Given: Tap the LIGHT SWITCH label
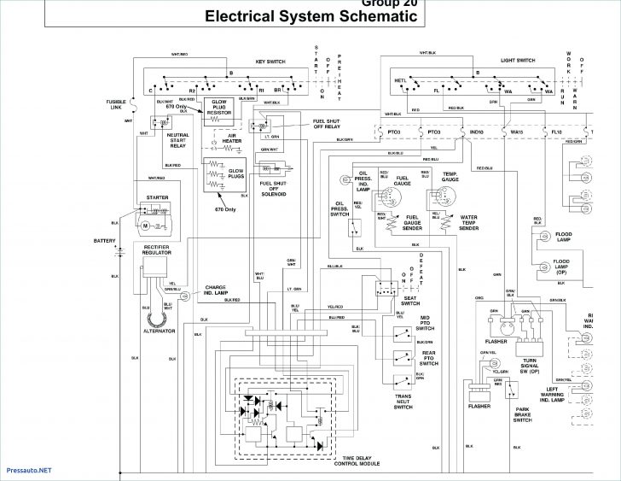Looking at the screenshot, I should pos(518,62).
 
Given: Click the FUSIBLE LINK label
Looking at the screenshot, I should pos(117,104).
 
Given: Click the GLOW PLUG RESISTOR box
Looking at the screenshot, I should pos(218,107).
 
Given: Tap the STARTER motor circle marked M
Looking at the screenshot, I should pos(145,225).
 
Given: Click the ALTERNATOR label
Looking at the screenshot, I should pos(159,331).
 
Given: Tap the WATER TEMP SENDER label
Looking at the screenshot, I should pos(469,223).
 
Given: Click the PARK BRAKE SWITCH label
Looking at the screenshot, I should pos(523,414).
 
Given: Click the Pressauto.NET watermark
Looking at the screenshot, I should pos(27,469).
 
